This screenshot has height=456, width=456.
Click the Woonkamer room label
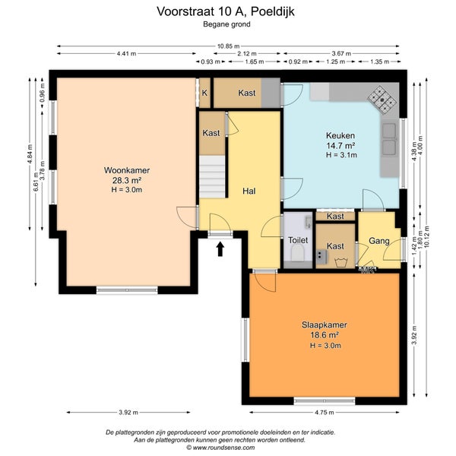pyautogui.click(x=127, y=170)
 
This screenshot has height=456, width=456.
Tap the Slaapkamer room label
pyautogui.click(x=325, y=325)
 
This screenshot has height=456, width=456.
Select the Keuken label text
pyautogui.click(x=340, y=135)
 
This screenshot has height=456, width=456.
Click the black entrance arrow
pyautogui.click(x=220, y=249)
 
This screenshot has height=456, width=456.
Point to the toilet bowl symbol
pyautogui.click(x=298, y=252)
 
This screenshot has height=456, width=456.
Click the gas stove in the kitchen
pyautogui.click(x=382, y=100)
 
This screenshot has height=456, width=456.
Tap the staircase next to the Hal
pyautogui.click(x=212, y=177)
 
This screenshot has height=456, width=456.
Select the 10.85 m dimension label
pyautogui.click(x=229, y=46)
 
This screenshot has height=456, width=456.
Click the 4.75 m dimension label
pyautogui.click(x=325, y=412)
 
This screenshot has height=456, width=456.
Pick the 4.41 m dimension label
pyautogui.click(x=126, y=53)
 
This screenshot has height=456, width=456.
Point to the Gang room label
pyautogui.click(x=379, y=241)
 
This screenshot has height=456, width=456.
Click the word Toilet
pyautogui.click(x=298, y=240)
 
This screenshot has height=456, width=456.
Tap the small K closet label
pyautogui.click(x=204, y=93)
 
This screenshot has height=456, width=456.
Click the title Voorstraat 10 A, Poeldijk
pyautogui.click(x=226, y=11)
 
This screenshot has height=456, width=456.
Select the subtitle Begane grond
pyautogui.click(x=226, y=24)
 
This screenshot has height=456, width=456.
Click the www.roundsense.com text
pyautogui.click(x=224, y=448)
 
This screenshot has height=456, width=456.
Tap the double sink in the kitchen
pyautogui.click(x=389, y=139)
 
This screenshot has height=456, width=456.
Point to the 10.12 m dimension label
pyautogui.click(x=426, y=236)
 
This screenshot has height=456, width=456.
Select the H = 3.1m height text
pyautogui.click(x=341, y=155)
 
